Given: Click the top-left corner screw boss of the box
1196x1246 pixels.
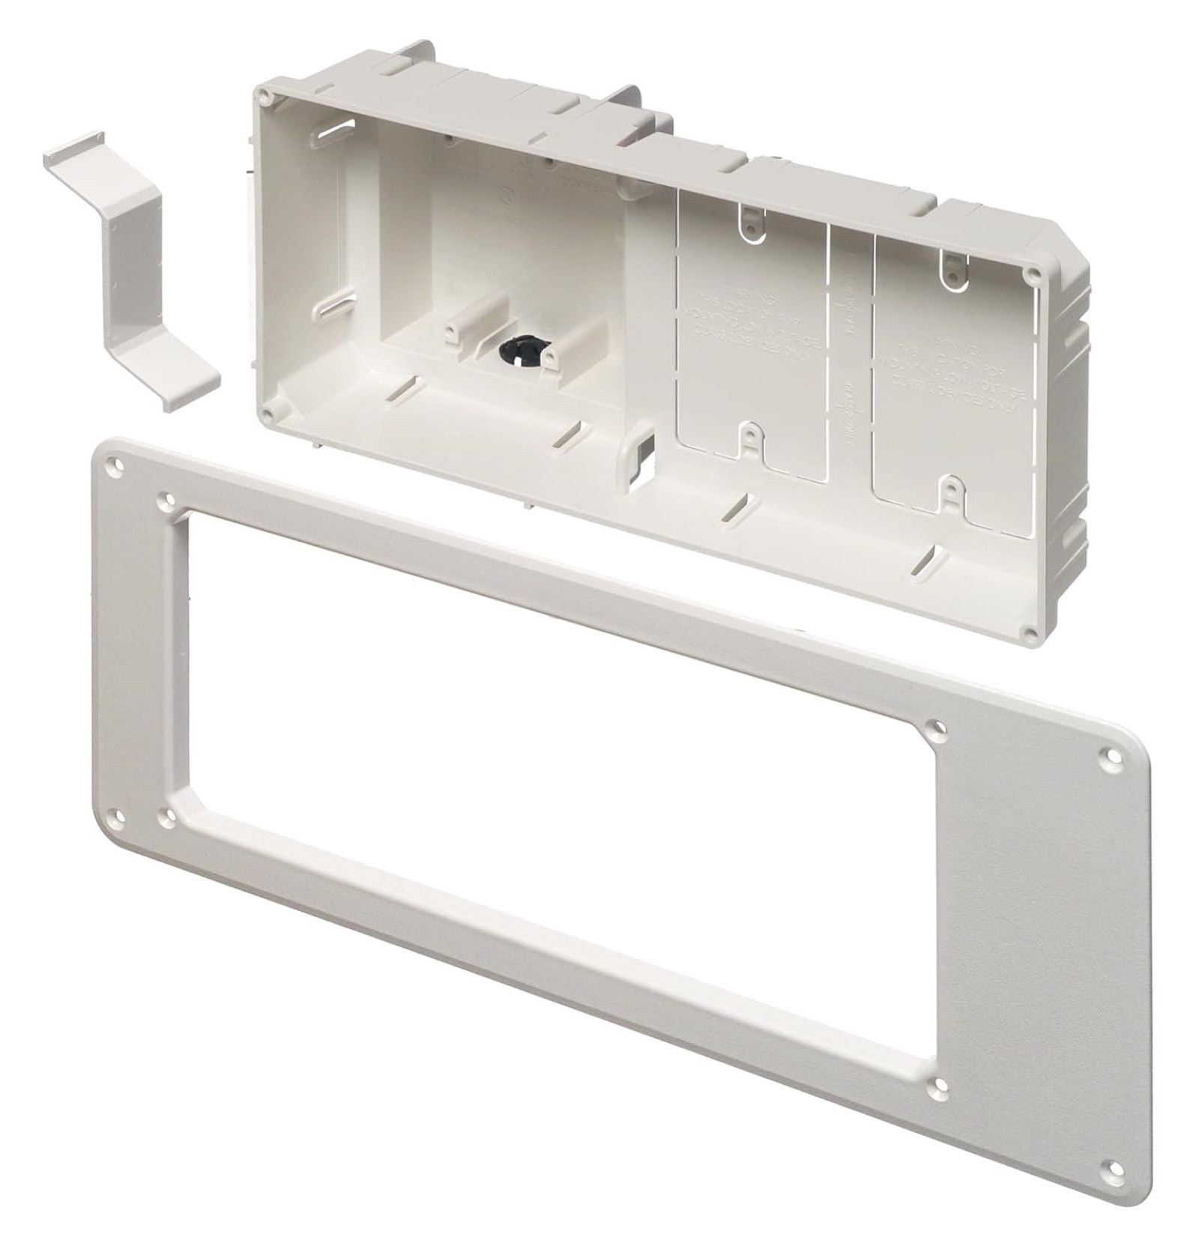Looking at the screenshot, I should [264, 95].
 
